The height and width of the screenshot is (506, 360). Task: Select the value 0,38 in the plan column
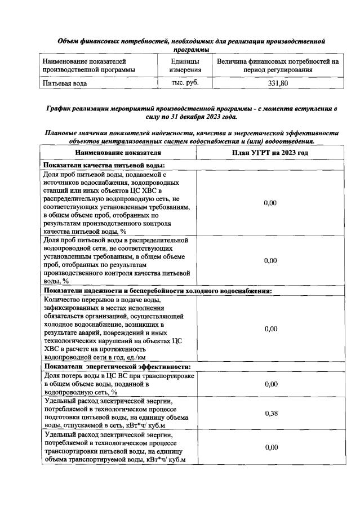(x=270, y=412)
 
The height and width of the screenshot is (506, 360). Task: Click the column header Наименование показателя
(x=117, y=152)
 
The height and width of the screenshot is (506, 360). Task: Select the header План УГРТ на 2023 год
(x=270, y=152)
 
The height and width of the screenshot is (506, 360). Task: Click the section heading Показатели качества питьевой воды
(x=104, y=165)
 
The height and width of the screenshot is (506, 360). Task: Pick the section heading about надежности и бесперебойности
(x=158, y=291)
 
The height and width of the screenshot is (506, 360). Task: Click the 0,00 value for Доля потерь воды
(x=270, y=384)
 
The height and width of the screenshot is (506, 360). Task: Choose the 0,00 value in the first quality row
(x=270, y=202)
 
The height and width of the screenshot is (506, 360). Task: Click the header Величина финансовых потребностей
(x=277, y=65)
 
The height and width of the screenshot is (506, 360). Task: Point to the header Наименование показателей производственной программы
(x=88, y=65)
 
